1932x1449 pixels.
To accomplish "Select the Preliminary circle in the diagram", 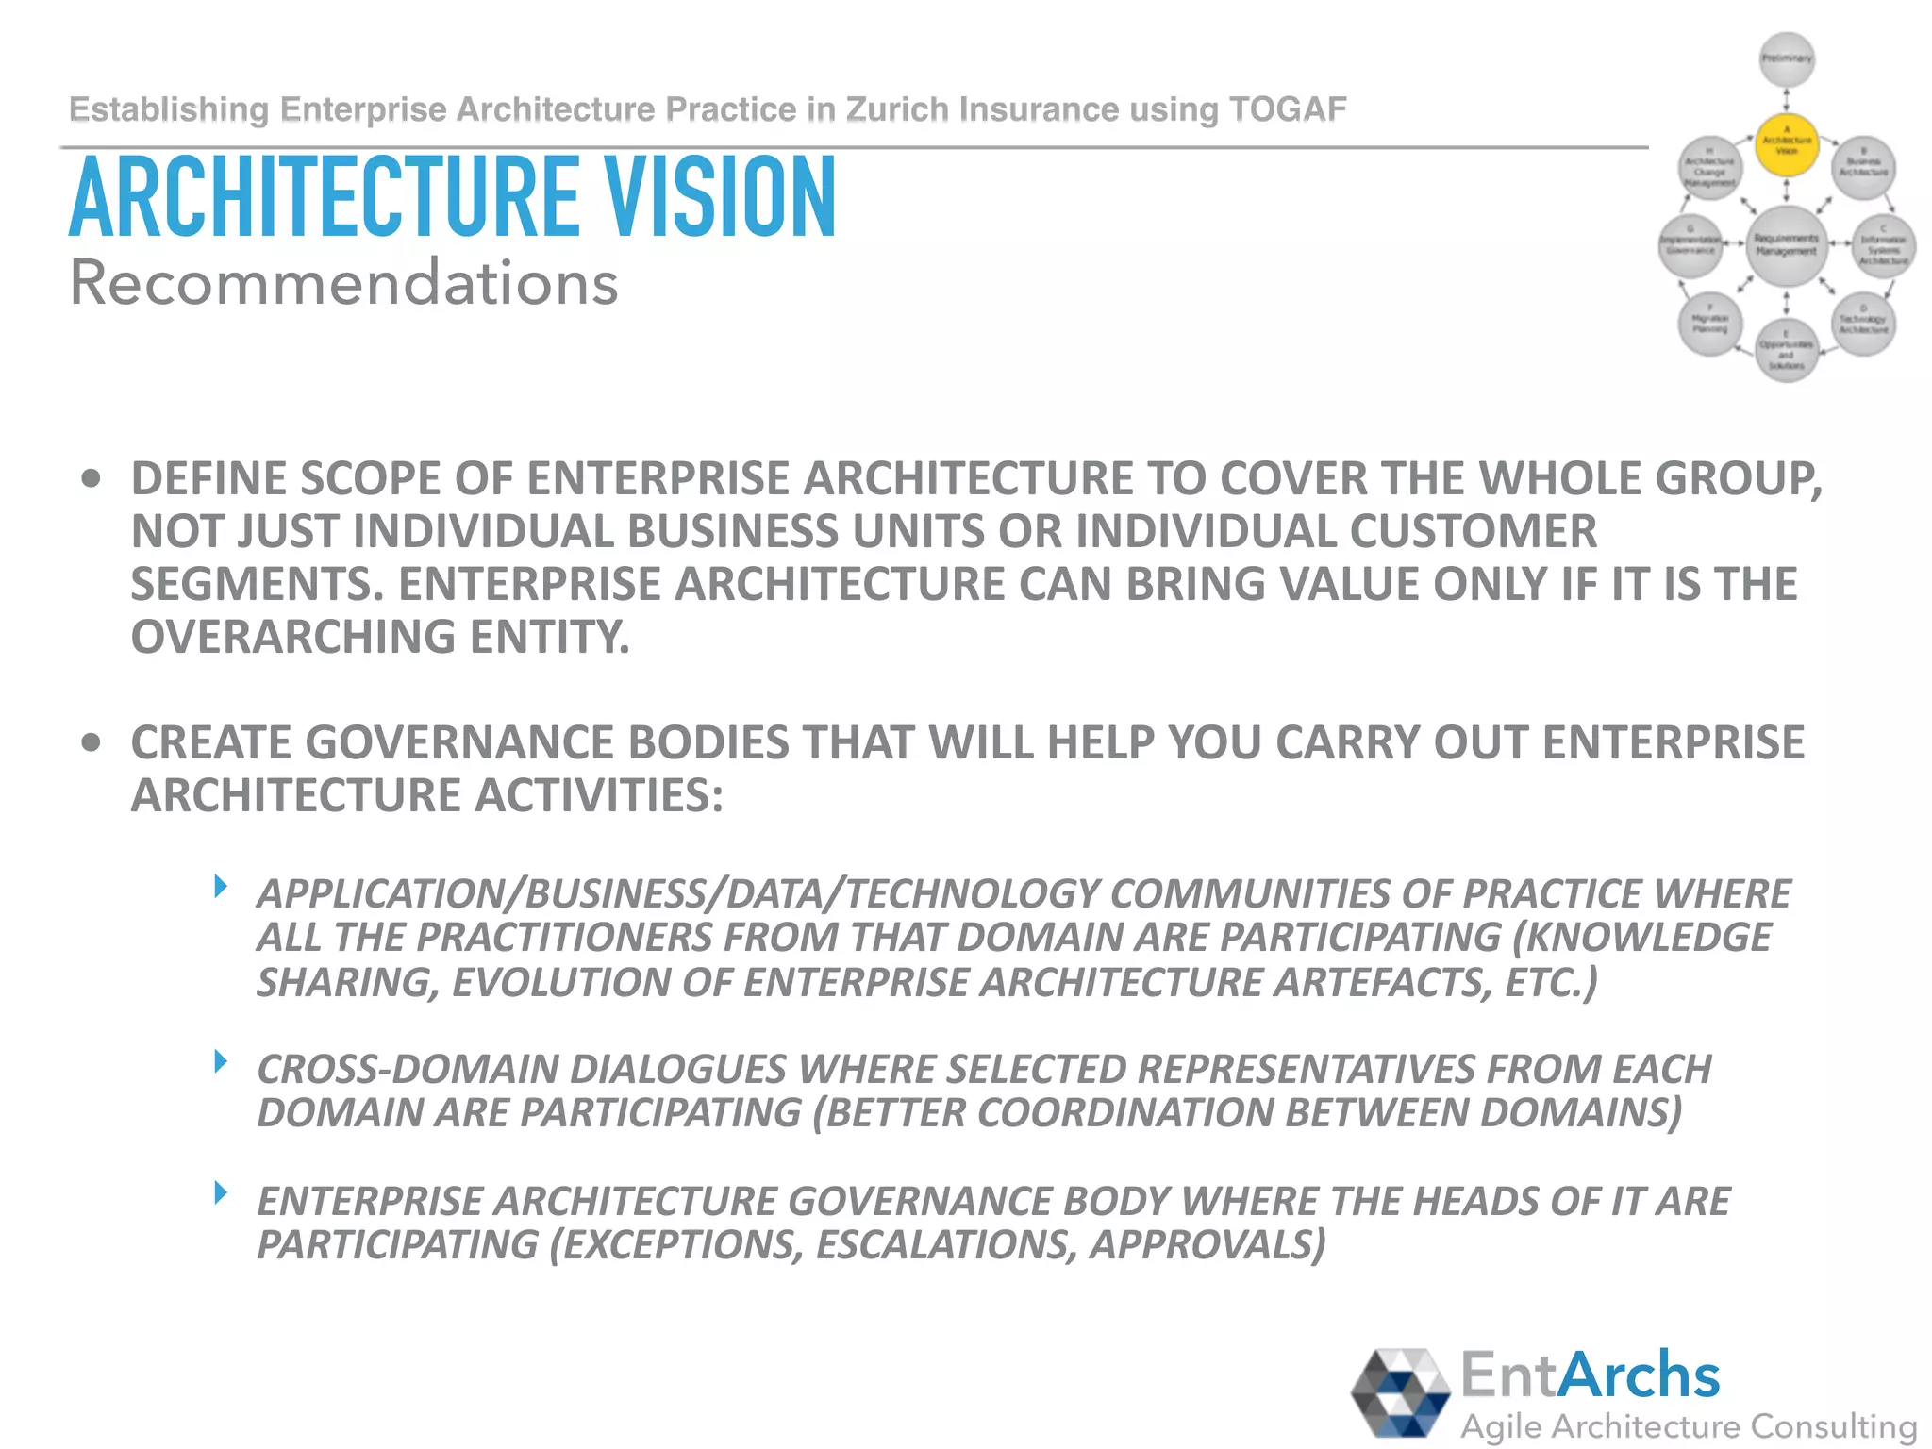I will point(1787,58).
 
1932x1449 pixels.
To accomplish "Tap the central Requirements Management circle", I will point(1786,245).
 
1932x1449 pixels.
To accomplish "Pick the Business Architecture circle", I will point(1863,168).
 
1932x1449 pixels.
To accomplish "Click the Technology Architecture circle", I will point(1863,325).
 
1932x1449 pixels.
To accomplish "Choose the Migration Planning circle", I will point(1710,325).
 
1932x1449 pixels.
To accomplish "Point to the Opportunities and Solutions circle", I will point(1786,351).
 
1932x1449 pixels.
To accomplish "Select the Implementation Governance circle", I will point(1690,246).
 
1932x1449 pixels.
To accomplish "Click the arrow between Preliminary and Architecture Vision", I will point(1787,100).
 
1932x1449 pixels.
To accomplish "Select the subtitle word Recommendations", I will point(344,282).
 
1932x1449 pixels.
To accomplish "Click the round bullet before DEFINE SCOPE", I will point(92,479).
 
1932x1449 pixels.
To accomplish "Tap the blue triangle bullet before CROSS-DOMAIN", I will point(221,1062).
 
